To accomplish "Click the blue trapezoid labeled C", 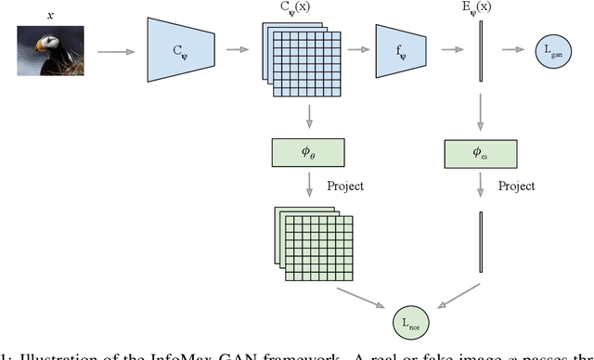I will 181,50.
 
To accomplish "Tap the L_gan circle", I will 550,50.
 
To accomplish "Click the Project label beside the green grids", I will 344,186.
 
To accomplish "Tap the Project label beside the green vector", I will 518,186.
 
